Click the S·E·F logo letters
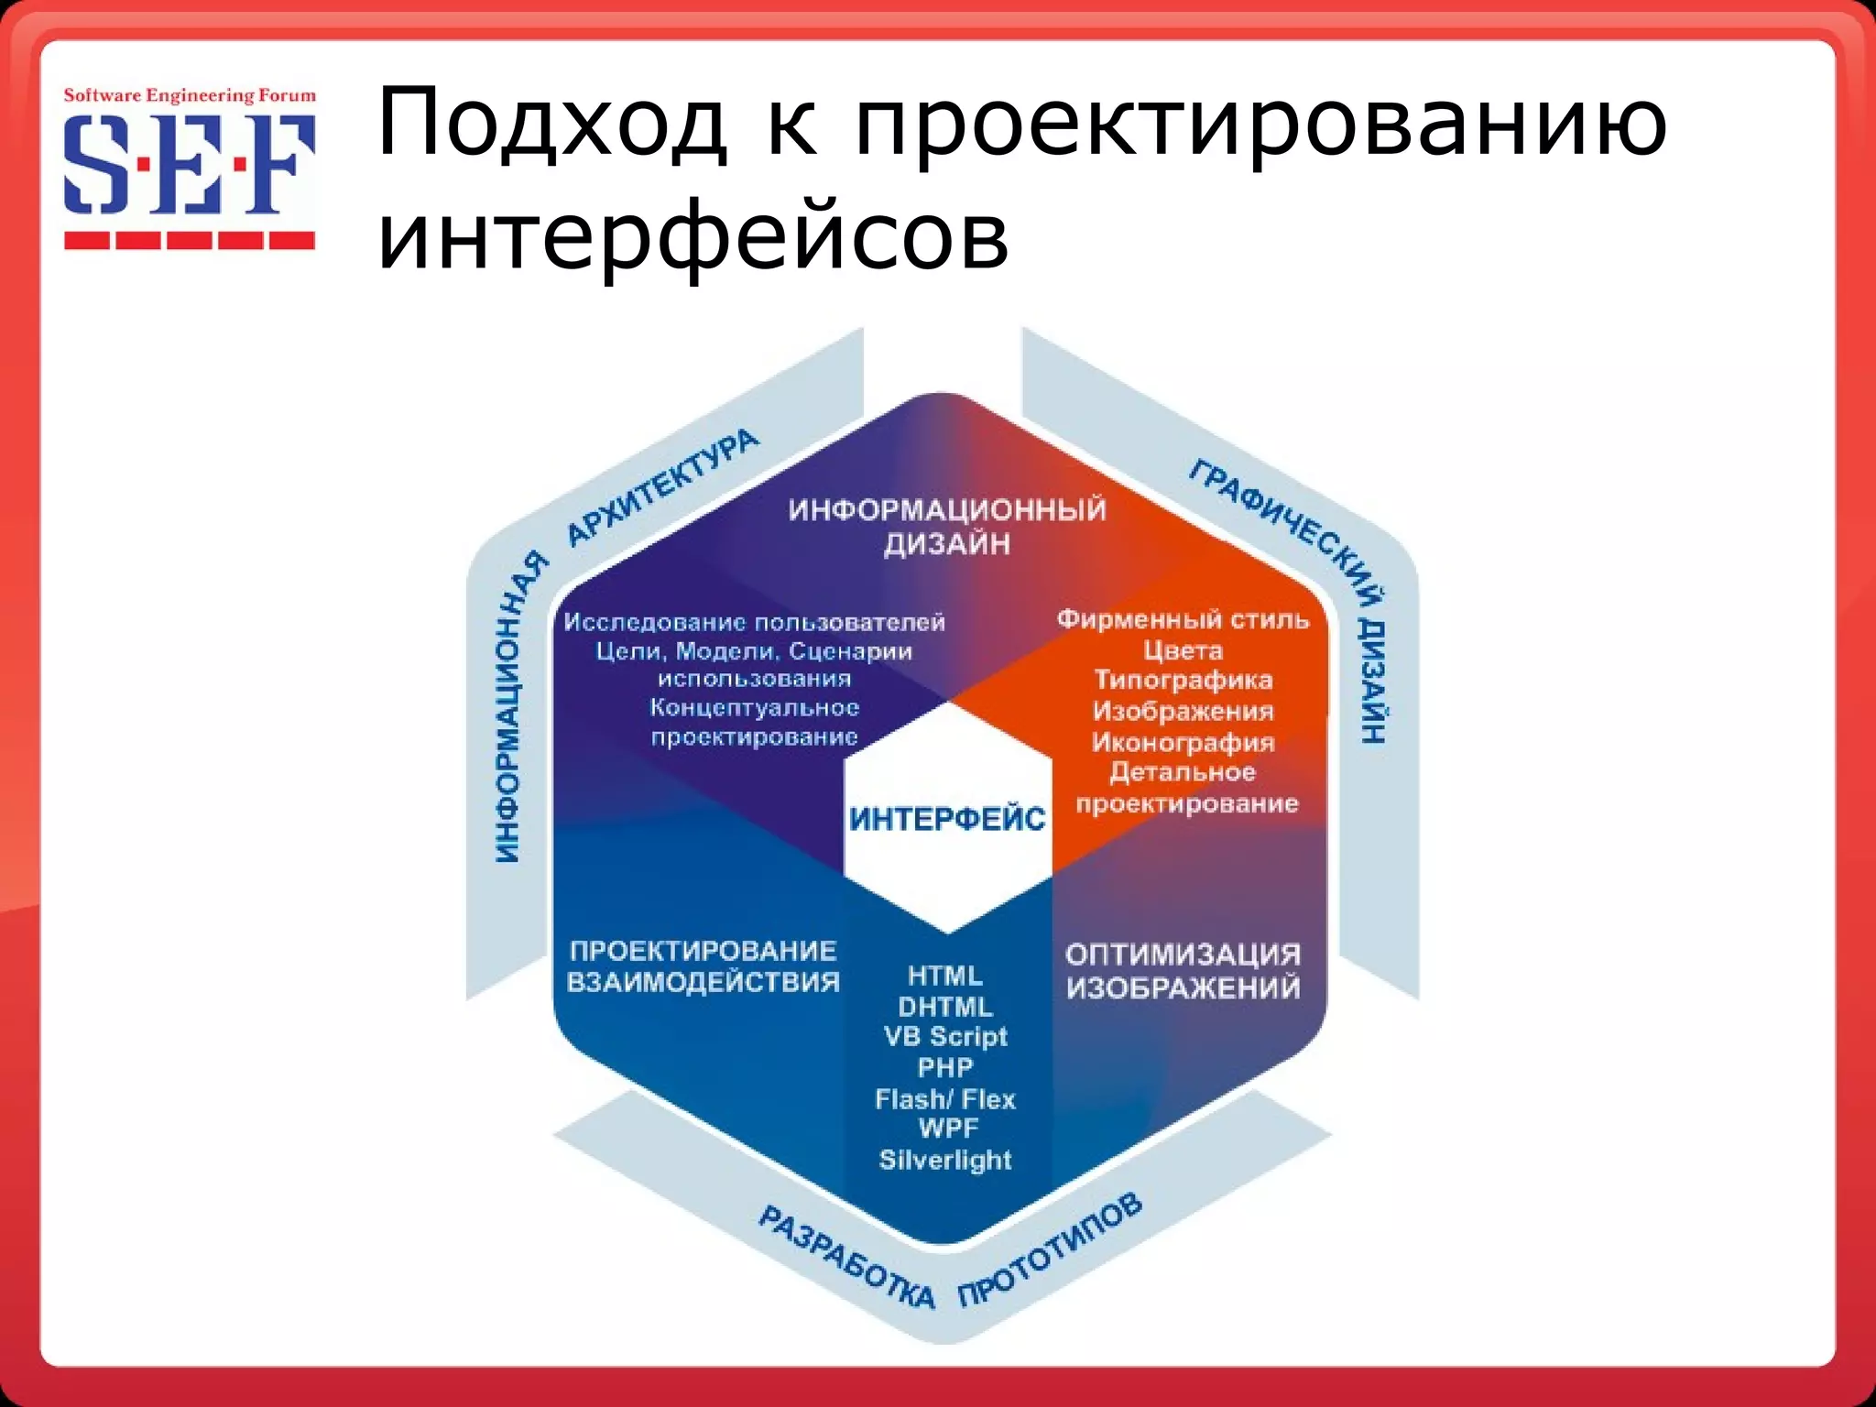189,165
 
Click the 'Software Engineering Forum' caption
189,95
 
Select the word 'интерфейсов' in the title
693,236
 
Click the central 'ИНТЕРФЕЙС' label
947,818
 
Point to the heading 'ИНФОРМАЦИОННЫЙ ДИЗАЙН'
947,526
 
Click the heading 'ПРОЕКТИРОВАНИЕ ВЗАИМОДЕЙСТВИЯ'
703,966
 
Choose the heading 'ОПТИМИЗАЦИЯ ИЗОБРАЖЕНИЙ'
1183,971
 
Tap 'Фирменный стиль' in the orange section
1183,619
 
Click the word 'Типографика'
1183,681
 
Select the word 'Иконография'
1183,742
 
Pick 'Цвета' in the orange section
1183,650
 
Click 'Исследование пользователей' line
754,623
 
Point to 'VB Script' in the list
945,1037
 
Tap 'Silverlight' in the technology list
945,1160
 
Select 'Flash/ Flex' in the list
945,1098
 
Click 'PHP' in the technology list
945,1067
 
